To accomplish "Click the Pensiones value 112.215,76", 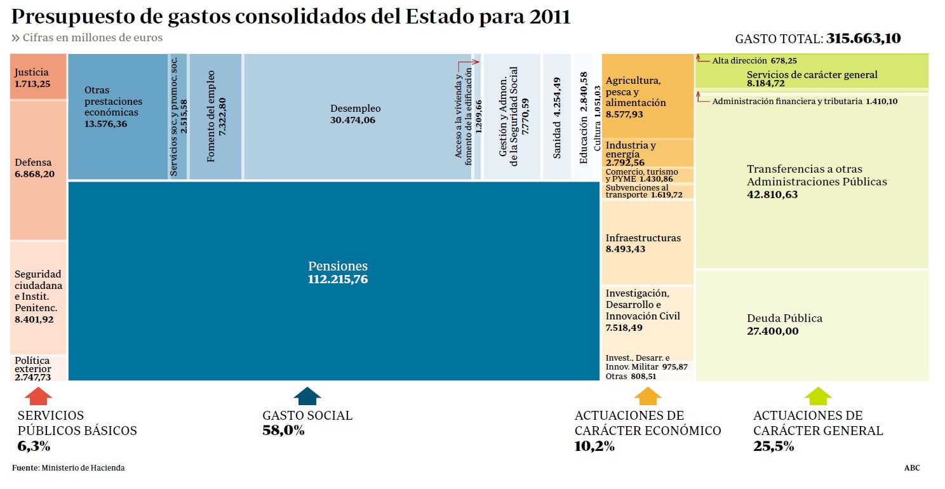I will (337, 279).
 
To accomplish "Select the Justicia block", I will (38, 77).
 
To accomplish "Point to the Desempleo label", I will (356, 109).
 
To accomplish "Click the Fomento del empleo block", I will (215, 116).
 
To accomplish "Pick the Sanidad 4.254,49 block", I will (557, 117).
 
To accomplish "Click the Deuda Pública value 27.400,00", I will (773, 331).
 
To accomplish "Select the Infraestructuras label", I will (643, 238).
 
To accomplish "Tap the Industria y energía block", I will (647, 153).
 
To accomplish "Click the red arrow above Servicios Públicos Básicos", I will (38, 396).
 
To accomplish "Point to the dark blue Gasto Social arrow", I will (307, 396).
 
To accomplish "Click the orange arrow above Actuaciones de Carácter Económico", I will (648, 396).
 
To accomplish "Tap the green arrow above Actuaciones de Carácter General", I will (818, 396).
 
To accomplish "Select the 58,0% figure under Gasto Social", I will (283, 431).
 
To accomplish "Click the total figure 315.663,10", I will (863, 38).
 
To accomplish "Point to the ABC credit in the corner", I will (912, 468).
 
